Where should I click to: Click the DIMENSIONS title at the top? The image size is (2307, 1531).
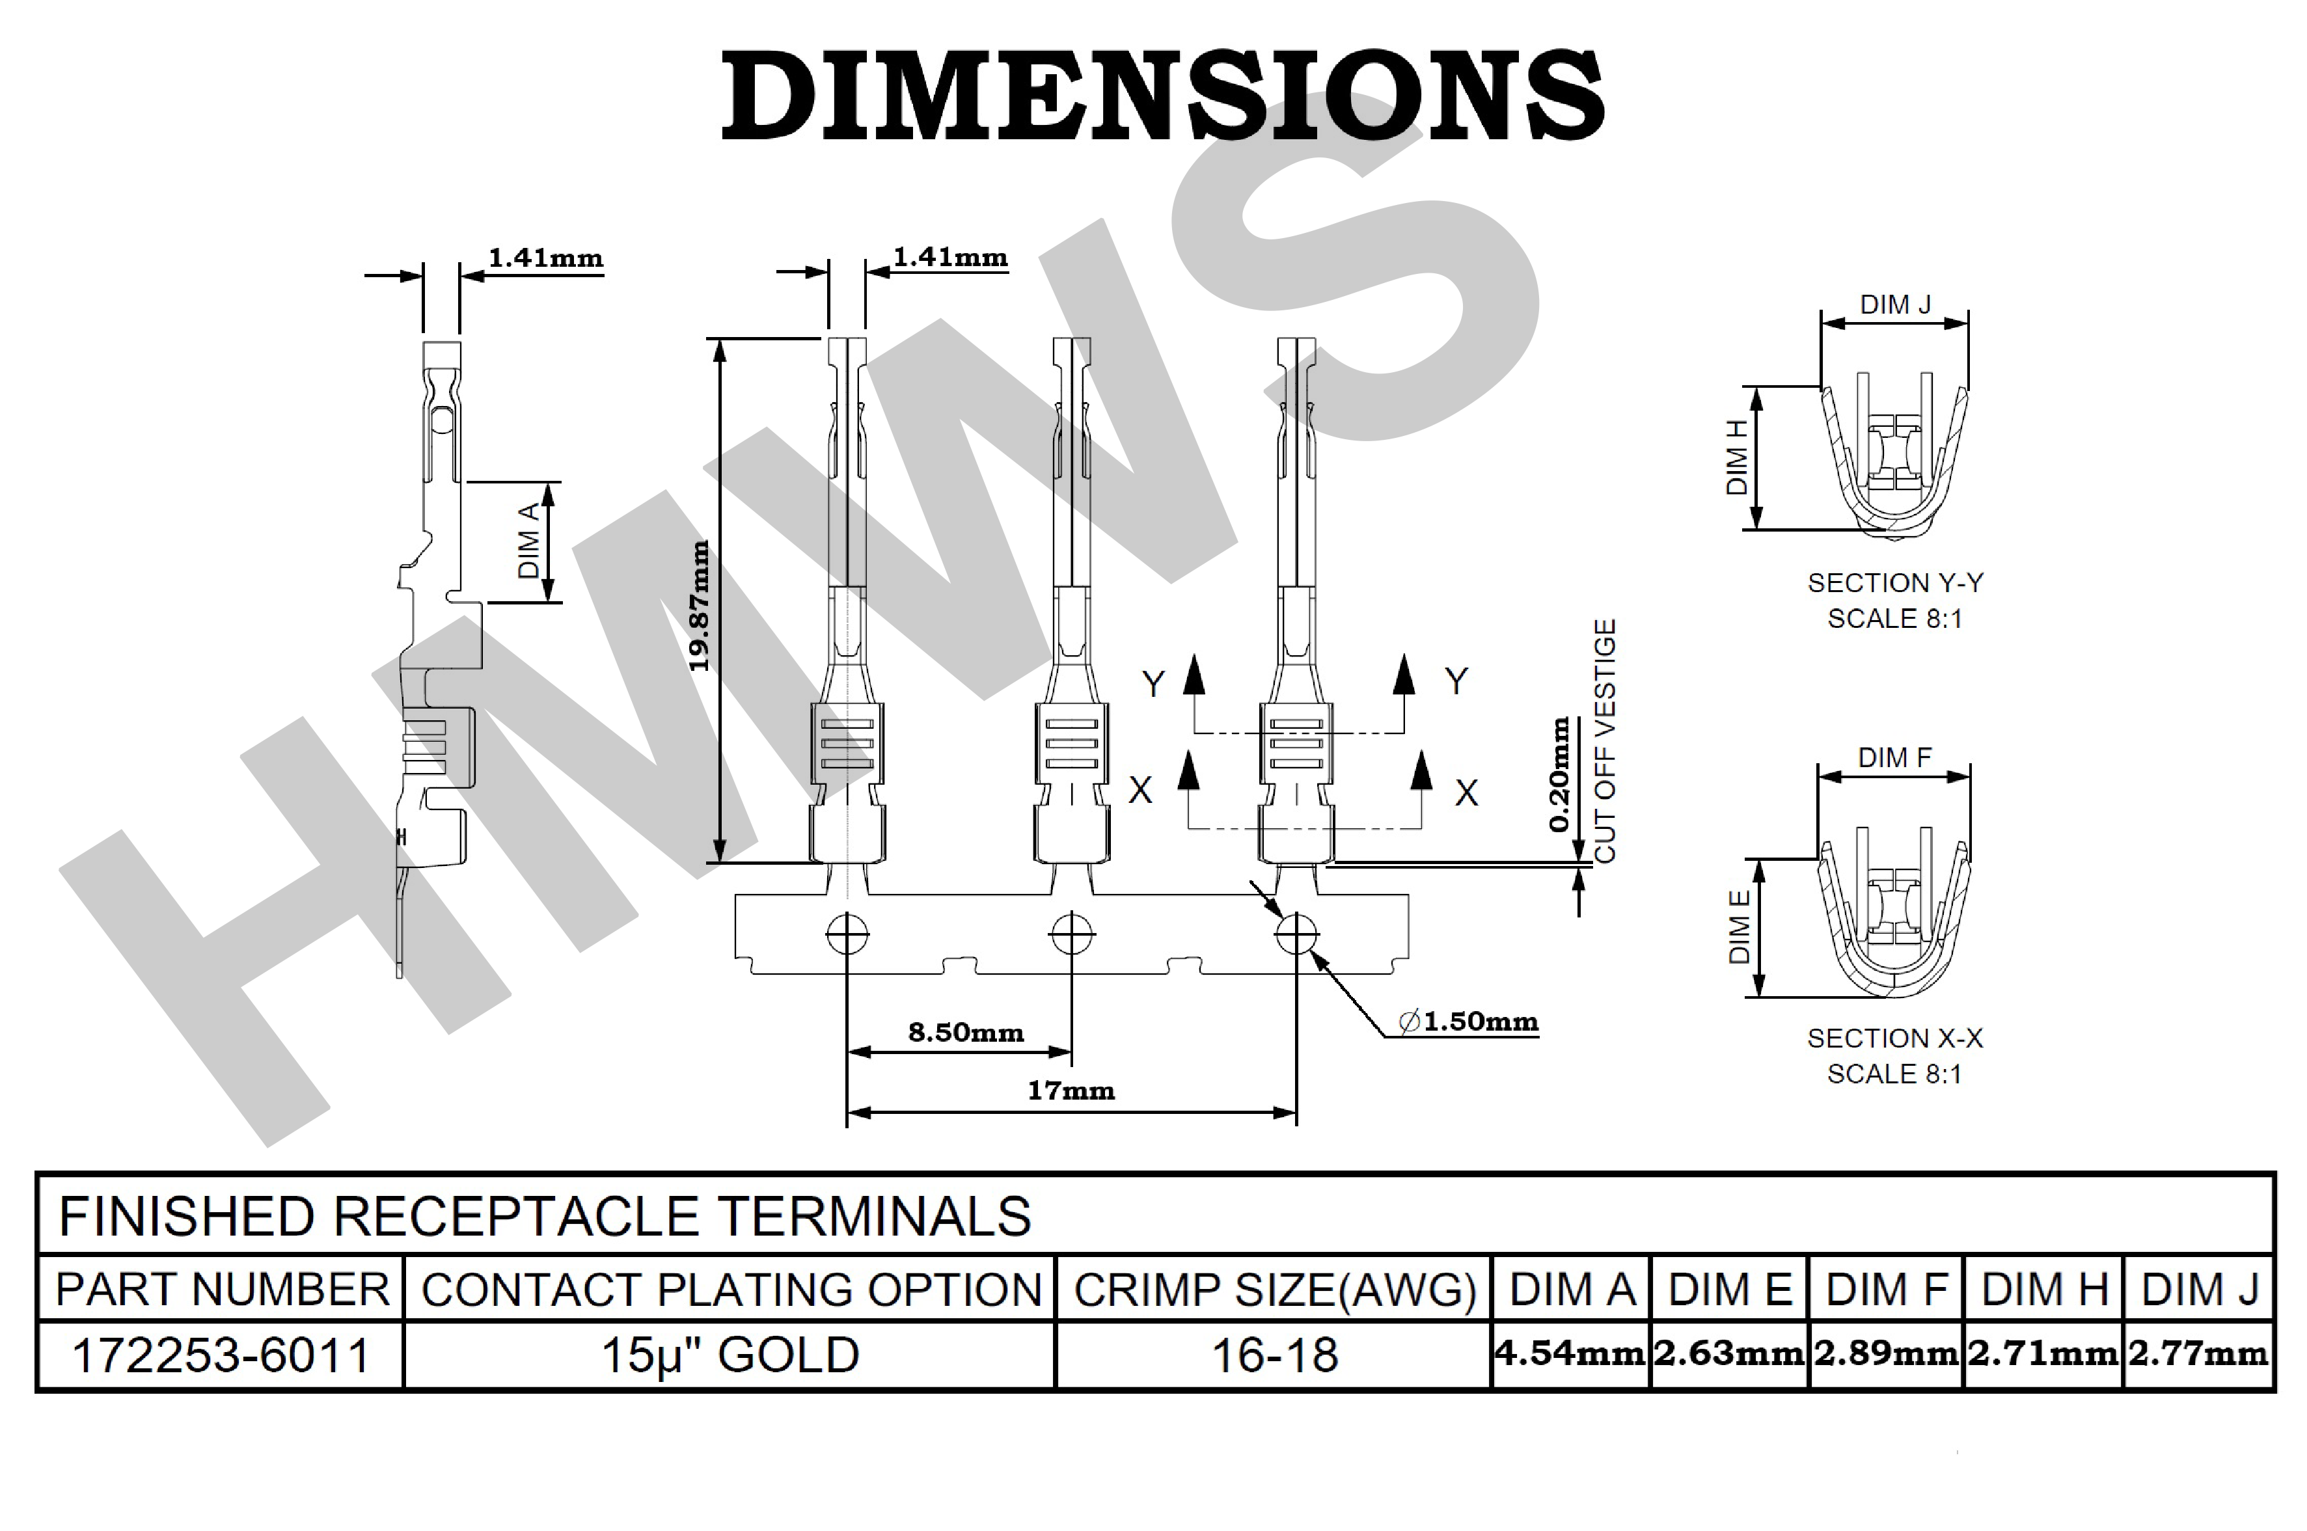pyautogui.click(x=1162, y=95)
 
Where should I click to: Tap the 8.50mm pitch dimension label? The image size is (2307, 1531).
pyautogui.click(x=966, y=1032)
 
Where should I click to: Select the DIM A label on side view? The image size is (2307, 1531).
pyautogui.click(x=528, y=541)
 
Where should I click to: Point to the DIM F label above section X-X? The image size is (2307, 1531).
pyautogui.click(x=1894, y=757)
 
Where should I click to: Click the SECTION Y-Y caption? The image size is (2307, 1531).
pyautogui.click(x=1895, y=583)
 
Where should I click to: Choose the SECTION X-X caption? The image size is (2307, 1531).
pyautogui.click(x=1895, y=1038)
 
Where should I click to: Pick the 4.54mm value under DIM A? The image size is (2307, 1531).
pyautogui.click(x=1570, y=1353)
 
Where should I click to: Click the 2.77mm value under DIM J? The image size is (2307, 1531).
pyautogui.click(x=2198, y=1353)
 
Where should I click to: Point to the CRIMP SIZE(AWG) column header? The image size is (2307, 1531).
pyautogui.click(x=1275, y=1290)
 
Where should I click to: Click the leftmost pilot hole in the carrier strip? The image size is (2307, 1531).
pyautogui.click(x=847, y=934)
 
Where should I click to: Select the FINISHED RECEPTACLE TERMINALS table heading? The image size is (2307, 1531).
pyautogui.click(x=545, y=1215)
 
